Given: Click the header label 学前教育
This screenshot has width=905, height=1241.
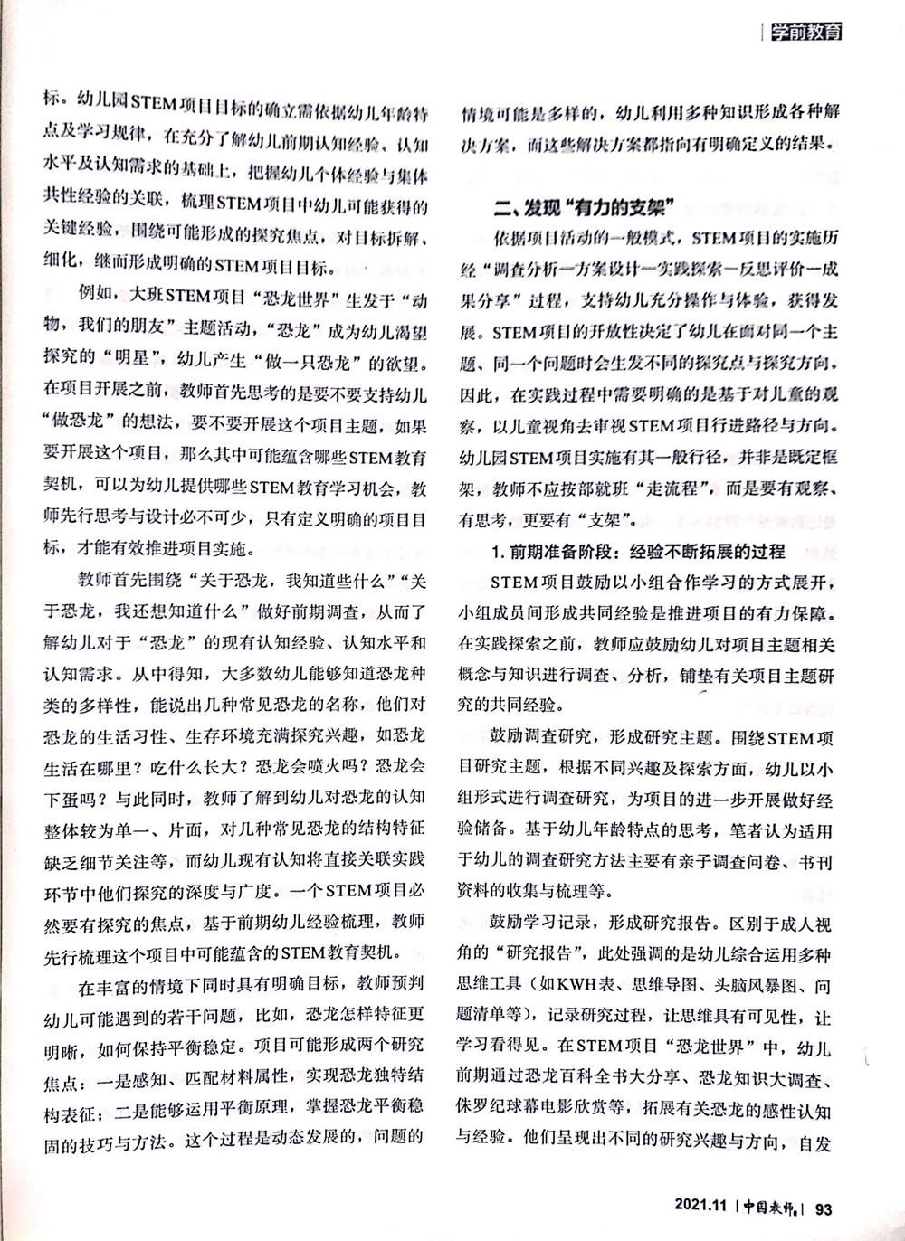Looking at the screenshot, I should [x=805, y=33].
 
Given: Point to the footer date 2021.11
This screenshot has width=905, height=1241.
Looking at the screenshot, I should [x=700, y=1208].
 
